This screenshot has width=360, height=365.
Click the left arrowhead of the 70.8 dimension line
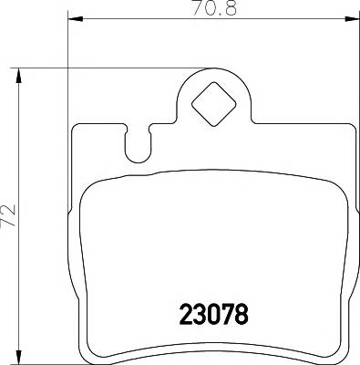pos(75,18)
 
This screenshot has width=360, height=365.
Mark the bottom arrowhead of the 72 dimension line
pos(20,354)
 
